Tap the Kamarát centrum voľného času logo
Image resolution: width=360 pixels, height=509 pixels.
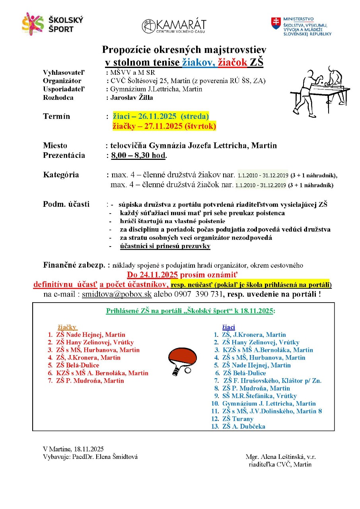click(x=174, y=26)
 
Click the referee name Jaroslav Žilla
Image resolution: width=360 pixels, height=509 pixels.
click(x=132, y=97)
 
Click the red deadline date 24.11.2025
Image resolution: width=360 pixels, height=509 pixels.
click(x=153, y=275)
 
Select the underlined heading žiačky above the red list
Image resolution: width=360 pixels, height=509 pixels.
click(x=67, y=327)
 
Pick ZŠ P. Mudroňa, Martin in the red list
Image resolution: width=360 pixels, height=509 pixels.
click(x=90, y=381)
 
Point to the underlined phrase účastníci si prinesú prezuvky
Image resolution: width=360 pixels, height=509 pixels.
click(x=165, y=246)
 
